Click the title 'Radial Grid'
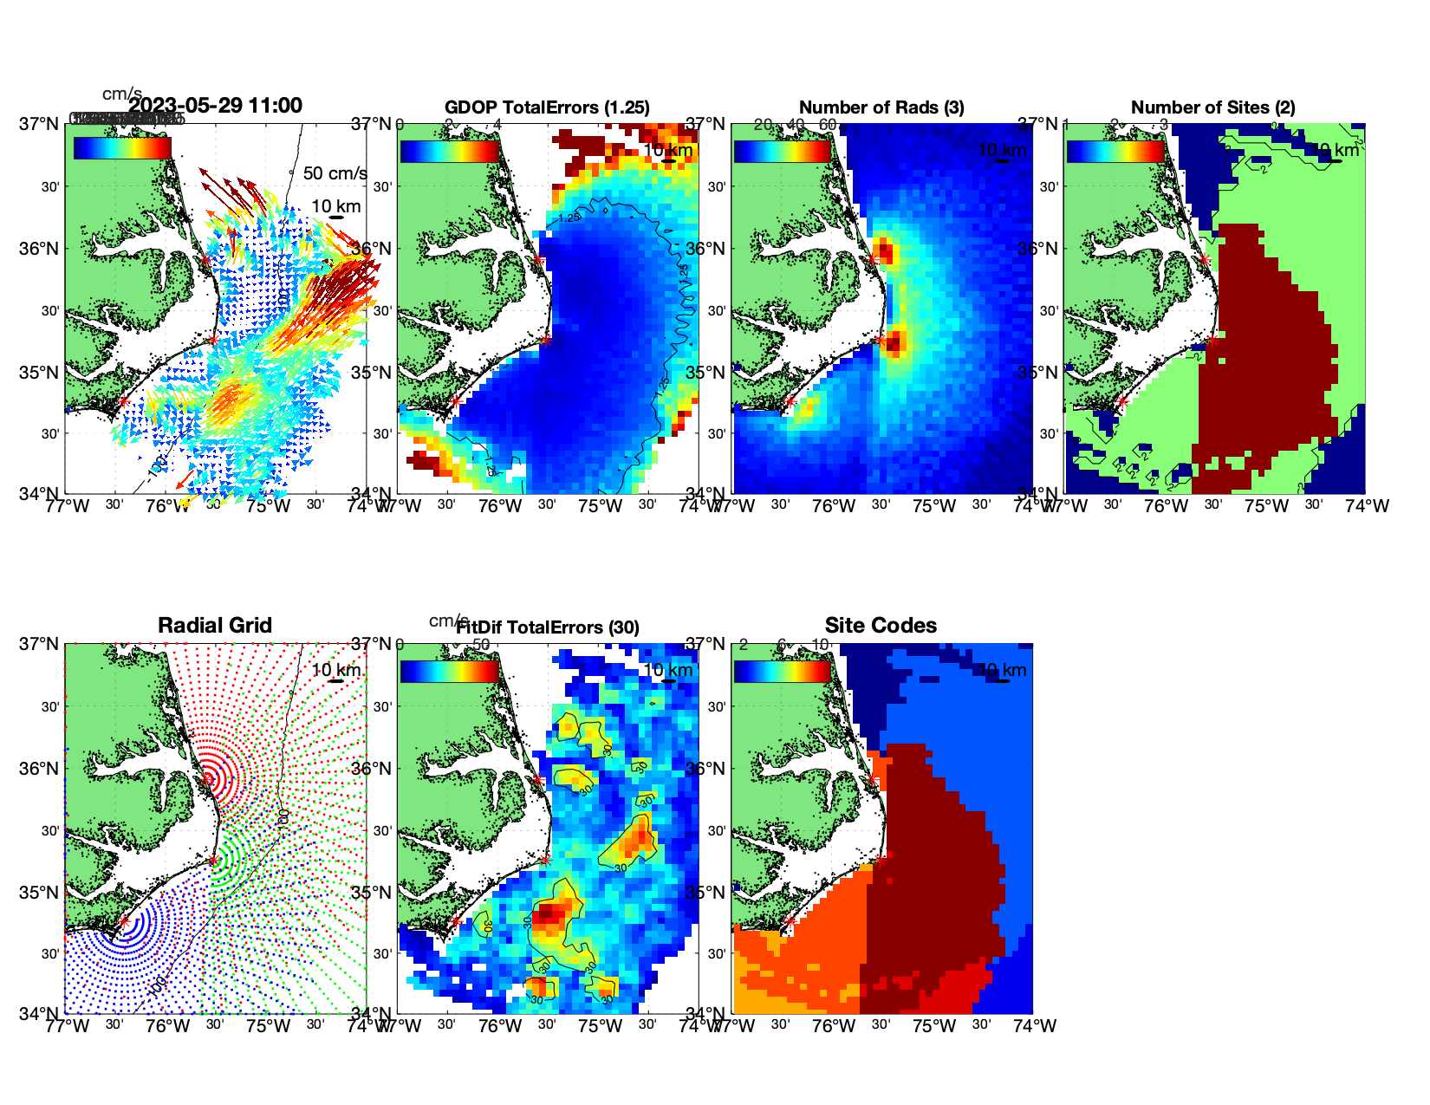pyautogui.click(x=215, y=626)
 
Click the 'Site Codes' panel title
pyautogui.click(x=881, y=626)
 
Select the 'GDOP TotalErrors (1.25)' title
pyautogui.click(x=547, y=107)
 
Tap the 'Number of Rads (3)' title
pyautogui.click(x=881, y=107)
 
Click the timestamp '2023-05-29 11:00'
pyautogui.click(x=216, y=106)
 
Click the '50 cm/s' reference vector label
pyautogui.click(x=335, y=173)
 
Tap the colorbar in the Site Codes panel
pyautogui.click(x=782, y=671)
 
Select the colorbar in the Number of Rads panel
pyautogui.click(x=782, y=151)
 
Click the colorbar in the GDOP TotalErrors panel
pyautogui.click(x=449, y=151)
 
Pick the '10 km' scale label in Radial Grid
pyautogui.click(x=335, y=670)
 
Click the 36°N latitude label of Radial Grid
pyautogui.click(x=40, y=769)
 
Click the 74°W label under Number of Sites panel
pyautogui.click(x=1368, y=506)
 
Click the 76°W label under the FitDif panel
pyautogui.click(x=500, y=1026)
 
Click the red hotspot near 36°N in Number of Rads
pyautogui.click(x=885, y=252)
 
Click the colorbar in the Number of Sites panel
pyautogui.click(x=1115, y=151)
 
